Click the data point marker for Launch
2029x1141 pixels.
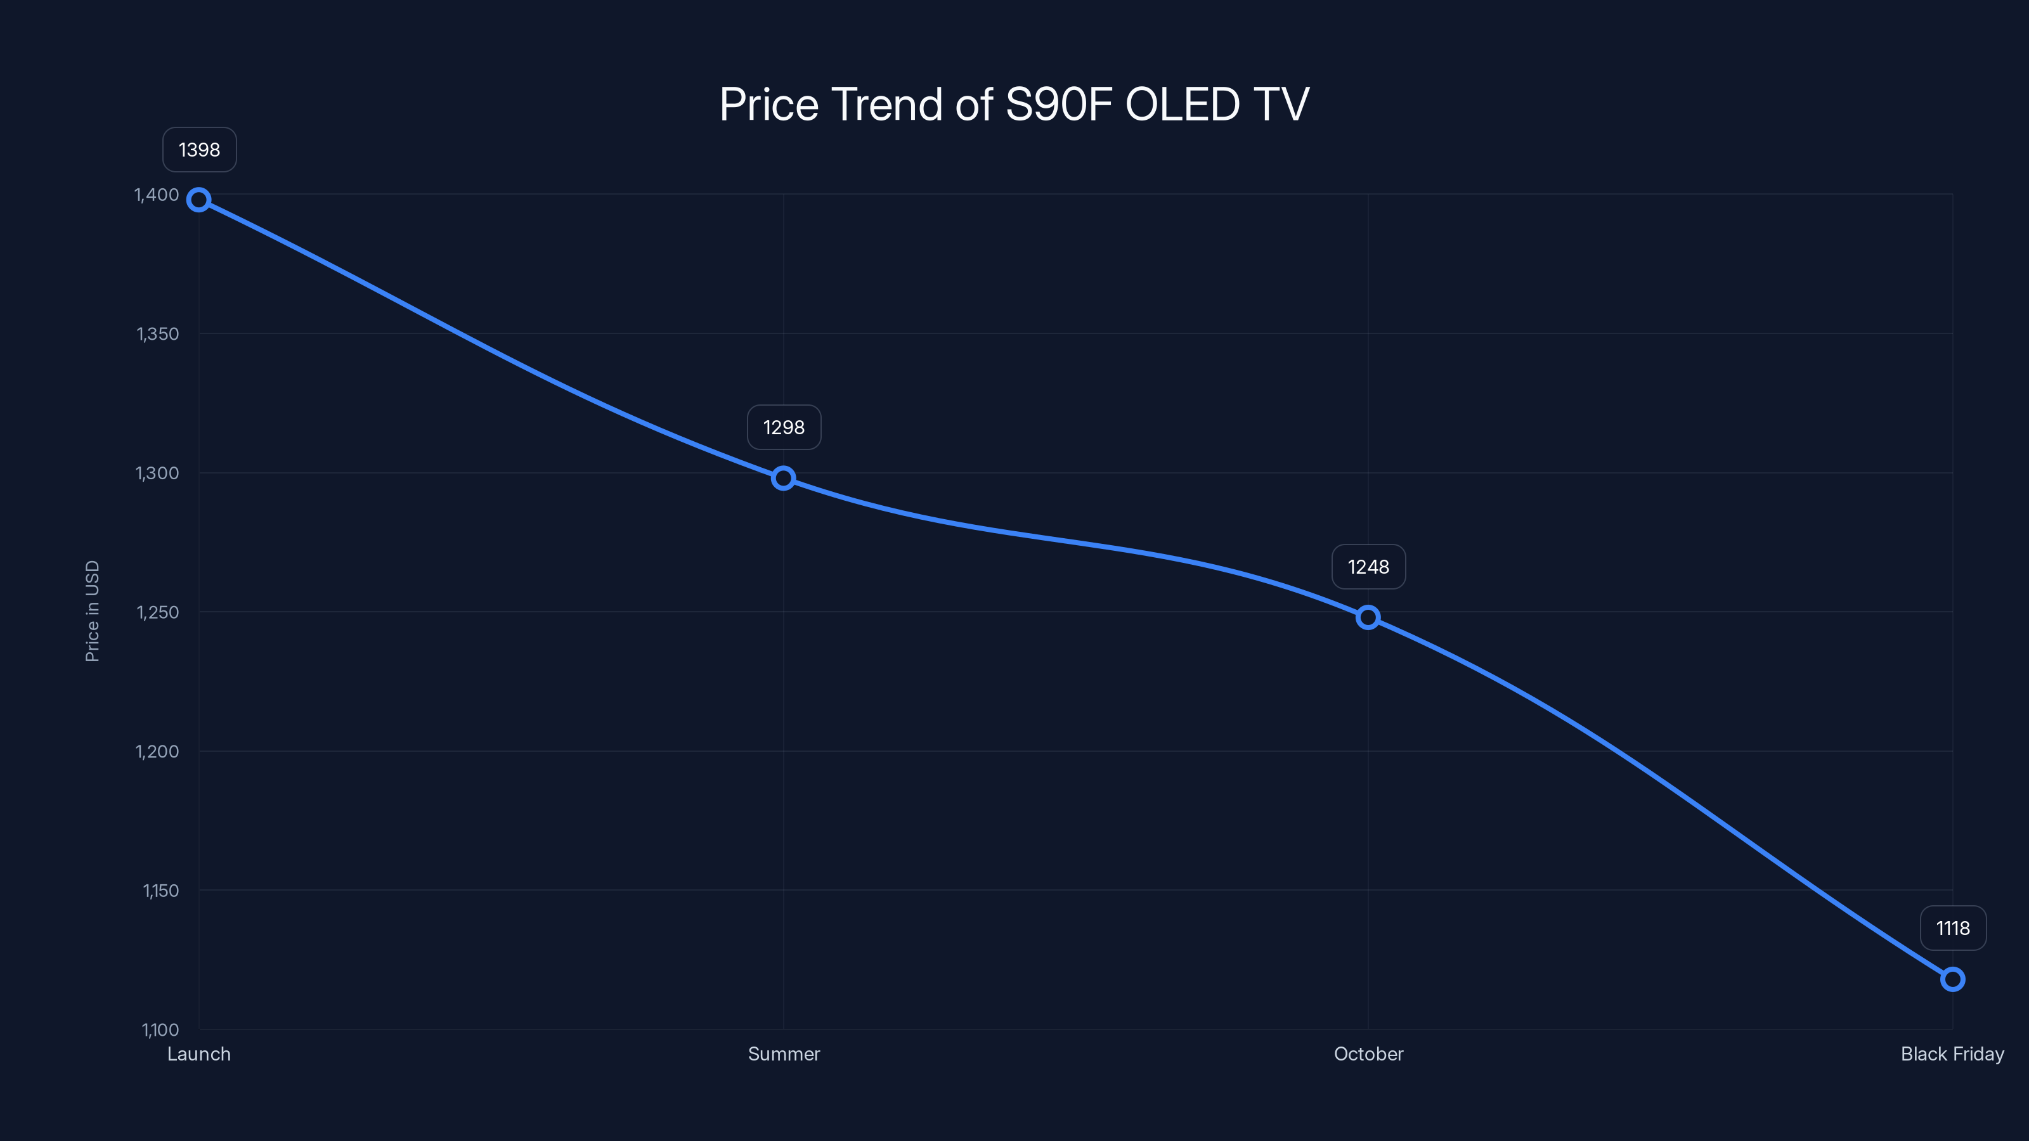point(198,200)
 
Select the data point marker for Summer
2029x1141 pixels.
point(783,478)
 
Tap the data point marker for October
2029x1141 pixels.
point(1368,617)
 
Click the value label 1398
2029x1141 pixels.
point(199,150)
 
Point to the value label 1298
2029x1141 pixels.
point(784,428)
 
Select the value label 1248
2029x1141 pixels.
point(1368,567)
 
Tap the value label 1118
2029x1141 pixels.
point(1953,929)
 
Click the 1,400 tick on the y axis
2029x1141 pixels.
point(157,195)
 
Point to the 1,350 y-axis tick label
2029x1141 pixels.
point(157,334)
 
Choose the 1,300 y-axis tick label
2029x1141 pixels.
point(157,474)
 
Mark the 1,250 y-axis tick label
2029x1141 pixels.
point(157,612)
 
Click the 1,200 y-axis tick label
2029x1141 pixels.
point(157,751)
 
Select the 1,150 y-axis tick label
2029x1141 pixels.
point(160,891)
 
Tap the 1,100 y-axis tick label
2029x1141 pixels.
point(160,1029)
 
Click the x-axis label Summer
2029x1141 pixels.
point(784,1054)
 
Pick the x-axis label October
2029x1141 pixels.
point(1368,1054)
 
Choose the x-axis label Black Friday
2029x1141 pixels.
point(1952,1054)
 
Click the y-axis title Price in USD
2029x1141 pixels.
point(92,611)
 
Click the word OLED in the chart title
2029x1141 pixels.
point(1183,105)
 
